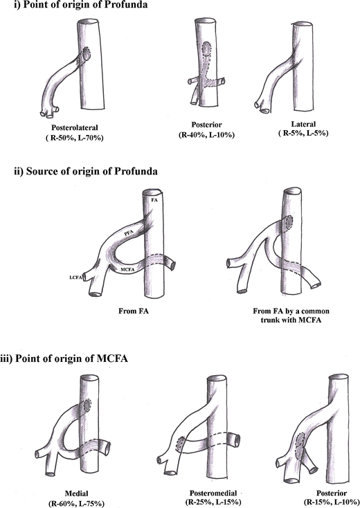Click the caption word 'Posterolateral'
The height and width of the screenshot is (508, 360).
click(x=75, y=127)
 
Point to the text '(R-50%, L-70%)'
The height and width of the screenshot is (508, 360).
click(x=74, y=138)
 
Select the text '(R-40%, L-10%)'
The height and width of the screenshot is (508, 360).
click(x=206, y=135)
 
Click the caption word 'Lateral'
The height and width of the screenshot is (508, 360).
click(x=303, y=124)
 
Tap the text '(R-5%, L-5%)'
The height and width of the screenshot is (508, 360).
click(x=303, y=133)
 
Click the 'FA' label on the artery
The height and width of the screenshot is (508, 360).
click(x=154, y=200)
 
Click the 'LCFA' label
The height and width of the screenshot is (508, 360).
click(x=75, y=278)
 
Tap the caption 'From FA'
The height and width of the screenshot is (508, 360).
click(x=134, y=311)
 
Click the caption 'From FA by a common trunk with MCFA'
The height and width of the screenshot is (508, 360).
click(x=291, y=316)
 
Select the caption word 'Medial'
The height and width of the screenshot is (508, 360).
click(x=76, y=493)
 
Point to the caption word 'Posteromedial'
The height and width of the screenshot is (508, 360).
click(x=213, y=493)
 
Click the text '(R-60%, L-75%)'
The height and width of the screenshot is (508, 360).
click(x=76, y=503)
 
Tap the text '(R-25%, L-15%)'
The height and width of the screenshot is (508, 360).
click(x=213, y=502)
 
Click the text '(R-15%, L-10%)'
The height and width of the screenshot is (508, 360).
click(x=332, y=502)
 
